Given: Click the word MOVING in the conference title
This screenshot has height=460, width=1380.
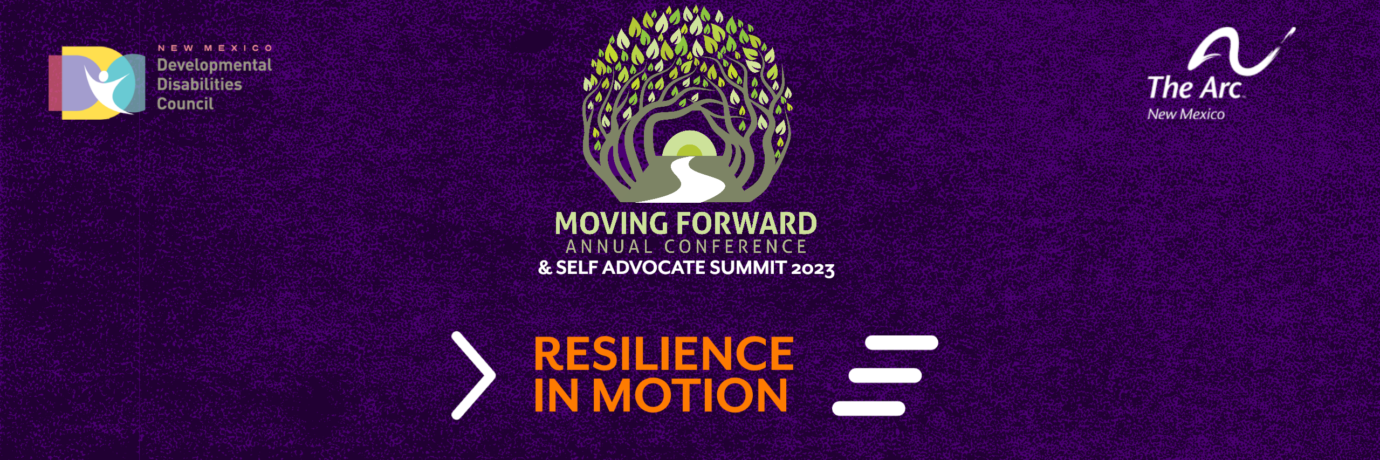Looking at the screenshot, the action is coord(612,223).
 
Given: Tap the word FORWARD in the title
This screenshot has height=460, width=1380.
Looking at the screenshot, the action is coord(747,223).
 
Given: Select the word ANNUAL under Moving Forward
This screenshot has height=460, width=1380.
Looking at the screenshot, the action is coord(609,247).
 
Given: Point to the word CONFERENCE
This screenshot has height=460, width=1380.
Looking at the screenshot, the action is coord(736,247).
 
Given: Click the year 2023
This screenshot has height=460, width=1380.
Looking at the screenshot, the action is coord(813,269).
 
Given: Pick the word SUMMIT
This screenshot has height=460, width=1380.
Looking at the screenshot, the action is coord(748,267).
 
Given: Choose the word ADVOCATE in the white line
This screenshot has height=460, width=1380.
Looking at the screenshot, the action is coord(654,267).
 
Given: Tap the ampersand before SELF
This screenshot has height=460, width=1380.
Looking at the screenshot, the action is coord(545,267).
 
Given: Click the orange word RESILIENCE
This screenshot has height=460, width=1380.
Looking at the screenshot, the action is coord(664,354).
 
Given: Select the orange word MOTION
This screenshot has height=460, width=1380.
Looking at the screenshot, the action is coord(690,395).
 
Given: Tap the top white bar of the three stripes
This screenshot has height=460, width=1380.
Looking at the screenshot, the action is coord(902,343).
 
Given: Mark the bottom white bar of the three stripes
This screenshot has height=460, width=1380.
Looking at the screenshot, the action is coord(869,408).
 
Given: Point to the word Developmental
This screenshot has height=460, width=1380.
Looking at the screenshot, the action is coord(214,65).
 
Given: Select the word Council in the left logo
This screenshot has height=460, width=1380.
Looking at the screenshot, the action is coord(185,104).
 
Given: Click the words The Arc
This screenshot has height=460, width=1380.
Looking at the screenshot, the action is coord(1195,87).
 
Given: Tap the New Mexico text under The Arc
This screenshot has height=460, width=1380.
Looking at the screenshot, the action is coord(1186,114).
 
